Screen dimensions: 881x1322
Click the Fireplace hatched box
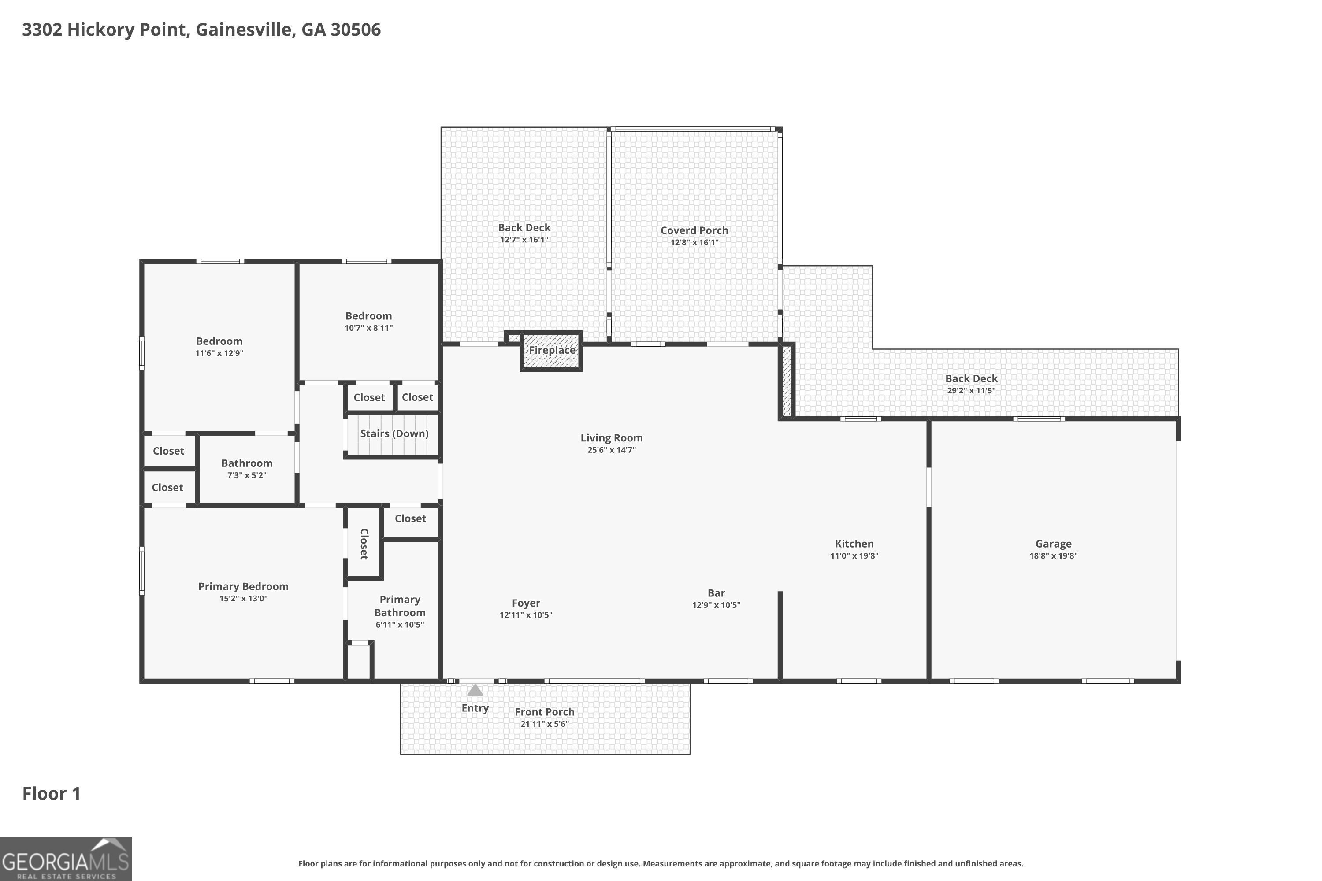[x=551, y=351]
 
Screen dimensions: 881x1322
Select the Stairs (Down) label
[x=394, y=434]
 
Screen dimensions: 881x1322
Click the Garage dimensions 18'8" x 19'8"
[x=1053, y=555]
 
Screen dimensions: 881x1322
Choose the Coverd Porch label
[x=694, y=230]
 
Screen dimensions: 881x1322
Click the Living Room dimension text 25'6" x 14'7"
[x=612, y=450]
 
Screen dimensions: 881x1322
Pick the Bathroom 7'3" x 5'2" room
[x=247, y=469]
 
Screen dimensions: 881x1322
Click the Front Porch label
[x=545, y=712]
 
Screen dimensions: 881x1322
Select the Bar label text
[x=716, y=593]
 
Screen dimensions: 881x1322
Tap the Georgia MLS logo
[x=66, y=859]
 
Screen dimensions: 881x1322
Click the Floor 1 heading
[x=51, y=793]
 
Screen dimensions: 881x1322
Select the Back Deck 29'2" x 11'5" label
[x=971, y=379]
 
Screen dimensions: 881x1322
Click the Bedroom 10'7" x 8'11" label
[x=369, y=316]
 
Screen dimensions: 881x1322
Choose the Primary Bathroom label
[x=400, y=606]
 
